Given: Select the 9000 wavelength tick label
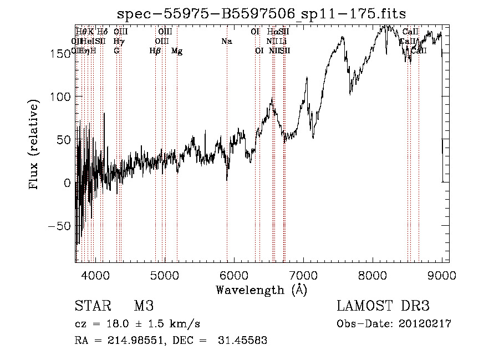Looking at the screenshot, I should point(442,274).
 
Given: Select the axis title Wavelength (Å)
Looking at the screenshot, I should point(261,290).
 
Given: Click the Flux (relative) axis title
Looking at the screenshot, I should point(34,145).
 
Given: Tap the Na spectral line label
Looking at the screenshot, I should point(226,42).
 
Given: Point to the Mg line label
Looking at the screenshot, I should point(177,51).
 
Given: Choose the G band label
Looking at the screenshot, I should point(116,51).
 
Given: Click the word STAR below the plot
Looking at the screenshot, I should point(91,306).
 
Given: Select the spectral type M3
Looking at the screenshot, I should point(143,306).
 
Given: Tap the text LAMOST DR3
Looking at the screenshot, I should point(383,306).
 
